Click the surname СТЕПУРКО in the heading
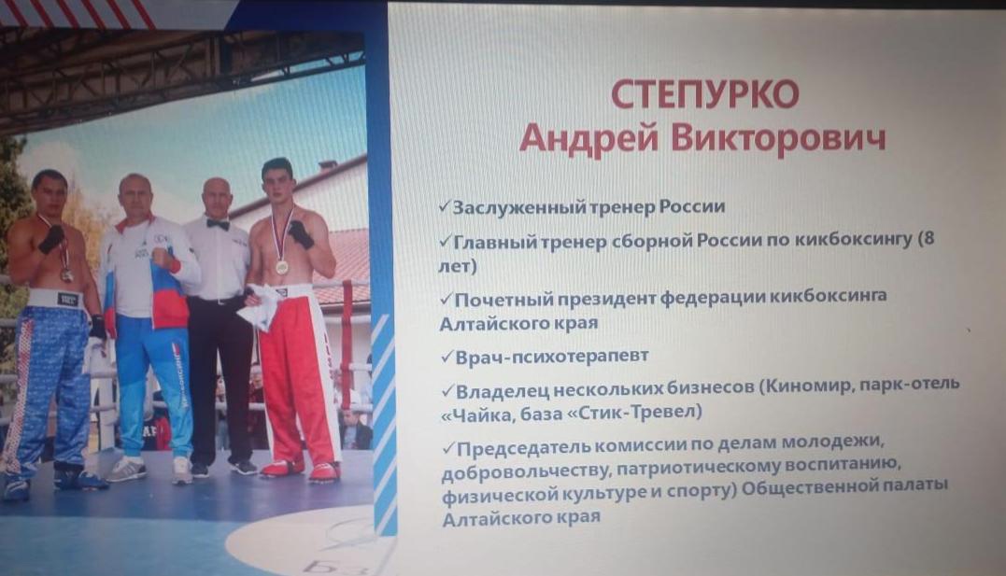pos(704,94)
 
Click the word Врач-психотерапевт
pos(552,356)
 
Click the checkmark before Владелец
pos(447,390)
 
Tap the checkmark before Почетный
pos(446,299)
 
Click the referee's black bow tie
pos(218,224)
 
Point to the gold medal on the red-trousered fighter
pos(282,265)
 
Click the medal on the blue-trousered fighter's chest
pos(66,274)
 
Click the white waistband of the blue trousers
pos(56,298)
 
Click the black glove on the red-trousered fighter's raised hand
pos(300,233)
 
